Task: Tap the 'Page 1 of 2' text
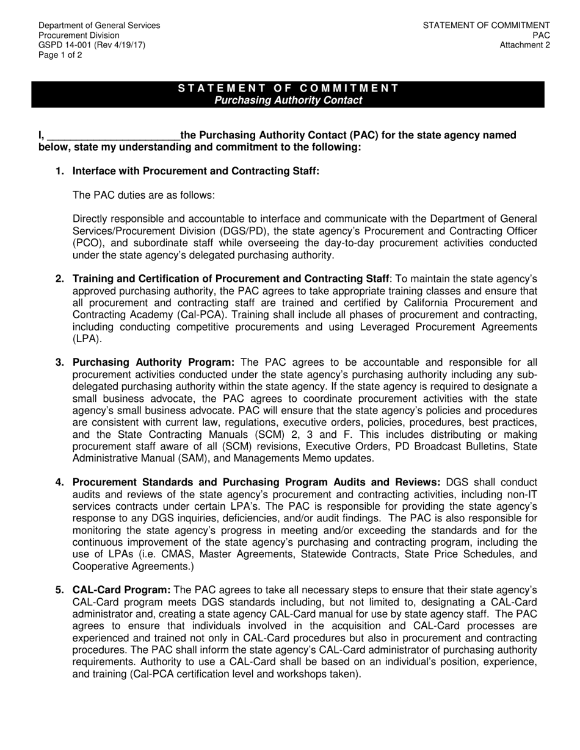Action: click(60, 55)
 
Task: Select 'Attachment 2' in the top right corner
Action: click(524, 45)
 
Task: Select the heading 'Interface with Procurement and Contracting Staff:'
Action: click(196, 171)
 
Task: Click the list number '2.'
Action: click(60, 279)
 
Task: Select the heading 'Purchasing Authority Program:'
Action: click(153, 362)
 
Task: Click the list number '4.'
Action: click(60, 482)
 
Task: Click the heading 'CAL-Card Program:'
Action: click(121, 590)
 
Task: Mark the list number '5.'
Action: click(60, 590)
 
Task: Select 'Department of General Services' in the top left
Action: click(100, 26)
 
